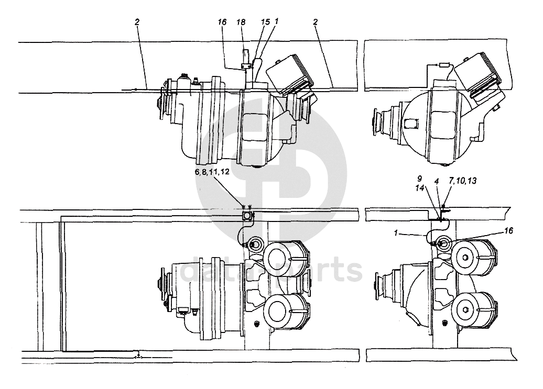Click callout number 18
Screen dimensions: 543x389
[241, 22]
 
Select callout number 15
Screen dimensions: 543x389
[265, 22]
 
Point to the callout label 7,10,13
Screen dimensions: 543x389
[463, 181]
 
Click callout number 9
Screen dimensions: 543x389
[419, 179]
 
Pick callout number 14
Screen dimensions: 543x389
[420, 187]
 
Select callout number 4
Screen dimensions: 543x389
[437, 181]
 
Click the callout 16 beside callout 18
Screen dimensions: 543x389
[222, 22]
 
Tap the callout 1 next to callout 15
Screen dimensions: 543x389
[276, 21]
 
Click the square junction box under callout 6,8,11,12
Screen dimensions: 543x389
[246, 216]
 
